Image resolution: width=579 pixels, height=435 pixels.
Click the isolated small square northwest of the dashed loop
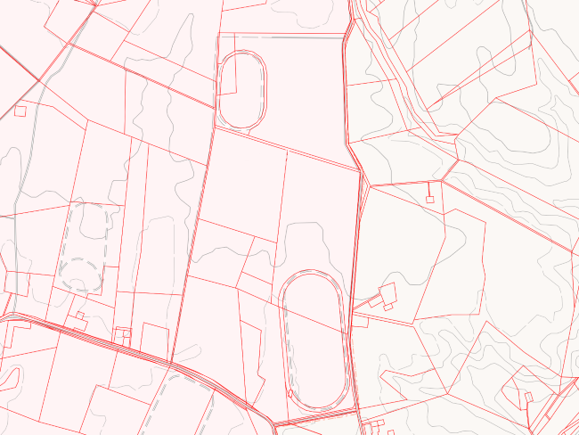20,111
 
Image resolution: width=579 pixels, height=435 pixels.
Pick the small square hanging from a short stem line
429,199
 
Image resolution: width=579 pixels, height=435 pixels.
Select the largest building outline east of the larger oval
387,292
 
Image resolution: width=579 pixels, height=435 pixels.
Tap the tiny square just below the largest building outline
388,306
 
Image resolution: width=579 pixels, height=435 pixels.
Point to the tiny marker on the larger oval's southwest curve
290,391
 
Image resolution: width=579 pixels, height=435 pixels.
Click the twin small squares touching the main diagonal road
122,333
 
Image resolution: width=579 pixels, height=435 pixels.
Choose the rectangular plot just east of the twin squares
155,338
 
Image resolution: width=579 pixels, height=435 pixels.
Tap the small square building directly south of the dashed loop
80,315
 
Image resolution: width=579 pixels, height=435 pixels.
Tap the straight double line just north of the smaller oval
281,37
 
